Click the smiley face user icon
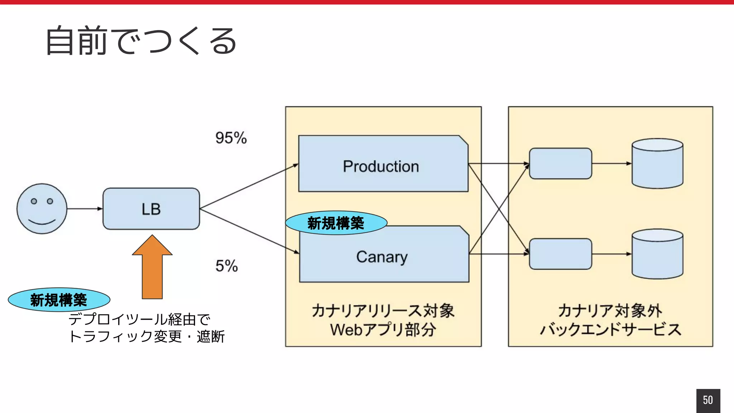(x=42, y=209)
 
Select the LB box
(x=151, y=209)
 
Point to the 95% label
(x=231, y=138)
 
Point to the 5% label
(x=227, y=266)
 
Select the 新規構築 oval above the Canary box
(x=336, y=223)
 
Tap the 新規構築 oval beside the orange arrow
(x=59, y=300)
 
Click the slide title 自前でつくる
(x=141, y=41)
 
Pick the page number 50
(x=708, y=400)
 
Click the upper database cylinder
(x=657, y=163)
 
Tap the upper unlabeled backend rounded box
(x=560, y=163)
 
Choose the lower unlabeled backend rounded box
(x=560, y=254)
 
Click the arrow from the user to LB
(x=85, y=209)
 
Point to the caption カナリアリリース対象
(x=383, y=310)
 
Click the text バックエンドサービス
(x=610, y=329)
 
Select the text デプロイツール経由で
(x=139, y=319)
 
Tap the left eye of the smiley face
(x=34, y=201)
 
